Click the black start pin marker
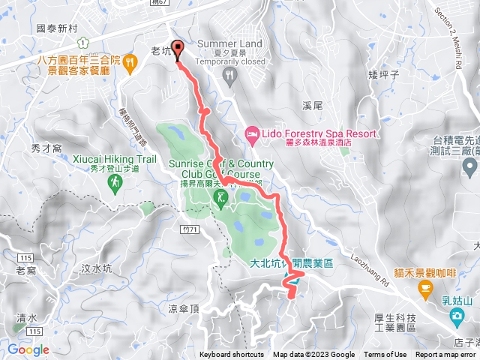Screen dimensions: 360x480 tap(178, 49)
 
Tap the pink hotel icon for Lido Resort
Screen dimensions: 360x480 tap(252, 135)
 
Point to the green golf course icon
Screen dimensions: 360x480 tap(220, 197)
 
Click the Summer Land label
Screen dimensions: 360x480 tap(230, 43)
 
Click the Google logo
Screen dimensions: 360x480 tap(28, 349)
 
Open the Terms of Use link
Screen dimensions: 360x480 tap(385, 355)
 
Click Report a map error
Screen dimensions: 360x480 tap(445, 355)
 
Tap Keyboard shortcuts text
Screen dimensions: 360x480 tap(232, 355)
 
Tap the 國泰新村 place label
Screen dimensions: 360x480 tap(57, 27)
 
